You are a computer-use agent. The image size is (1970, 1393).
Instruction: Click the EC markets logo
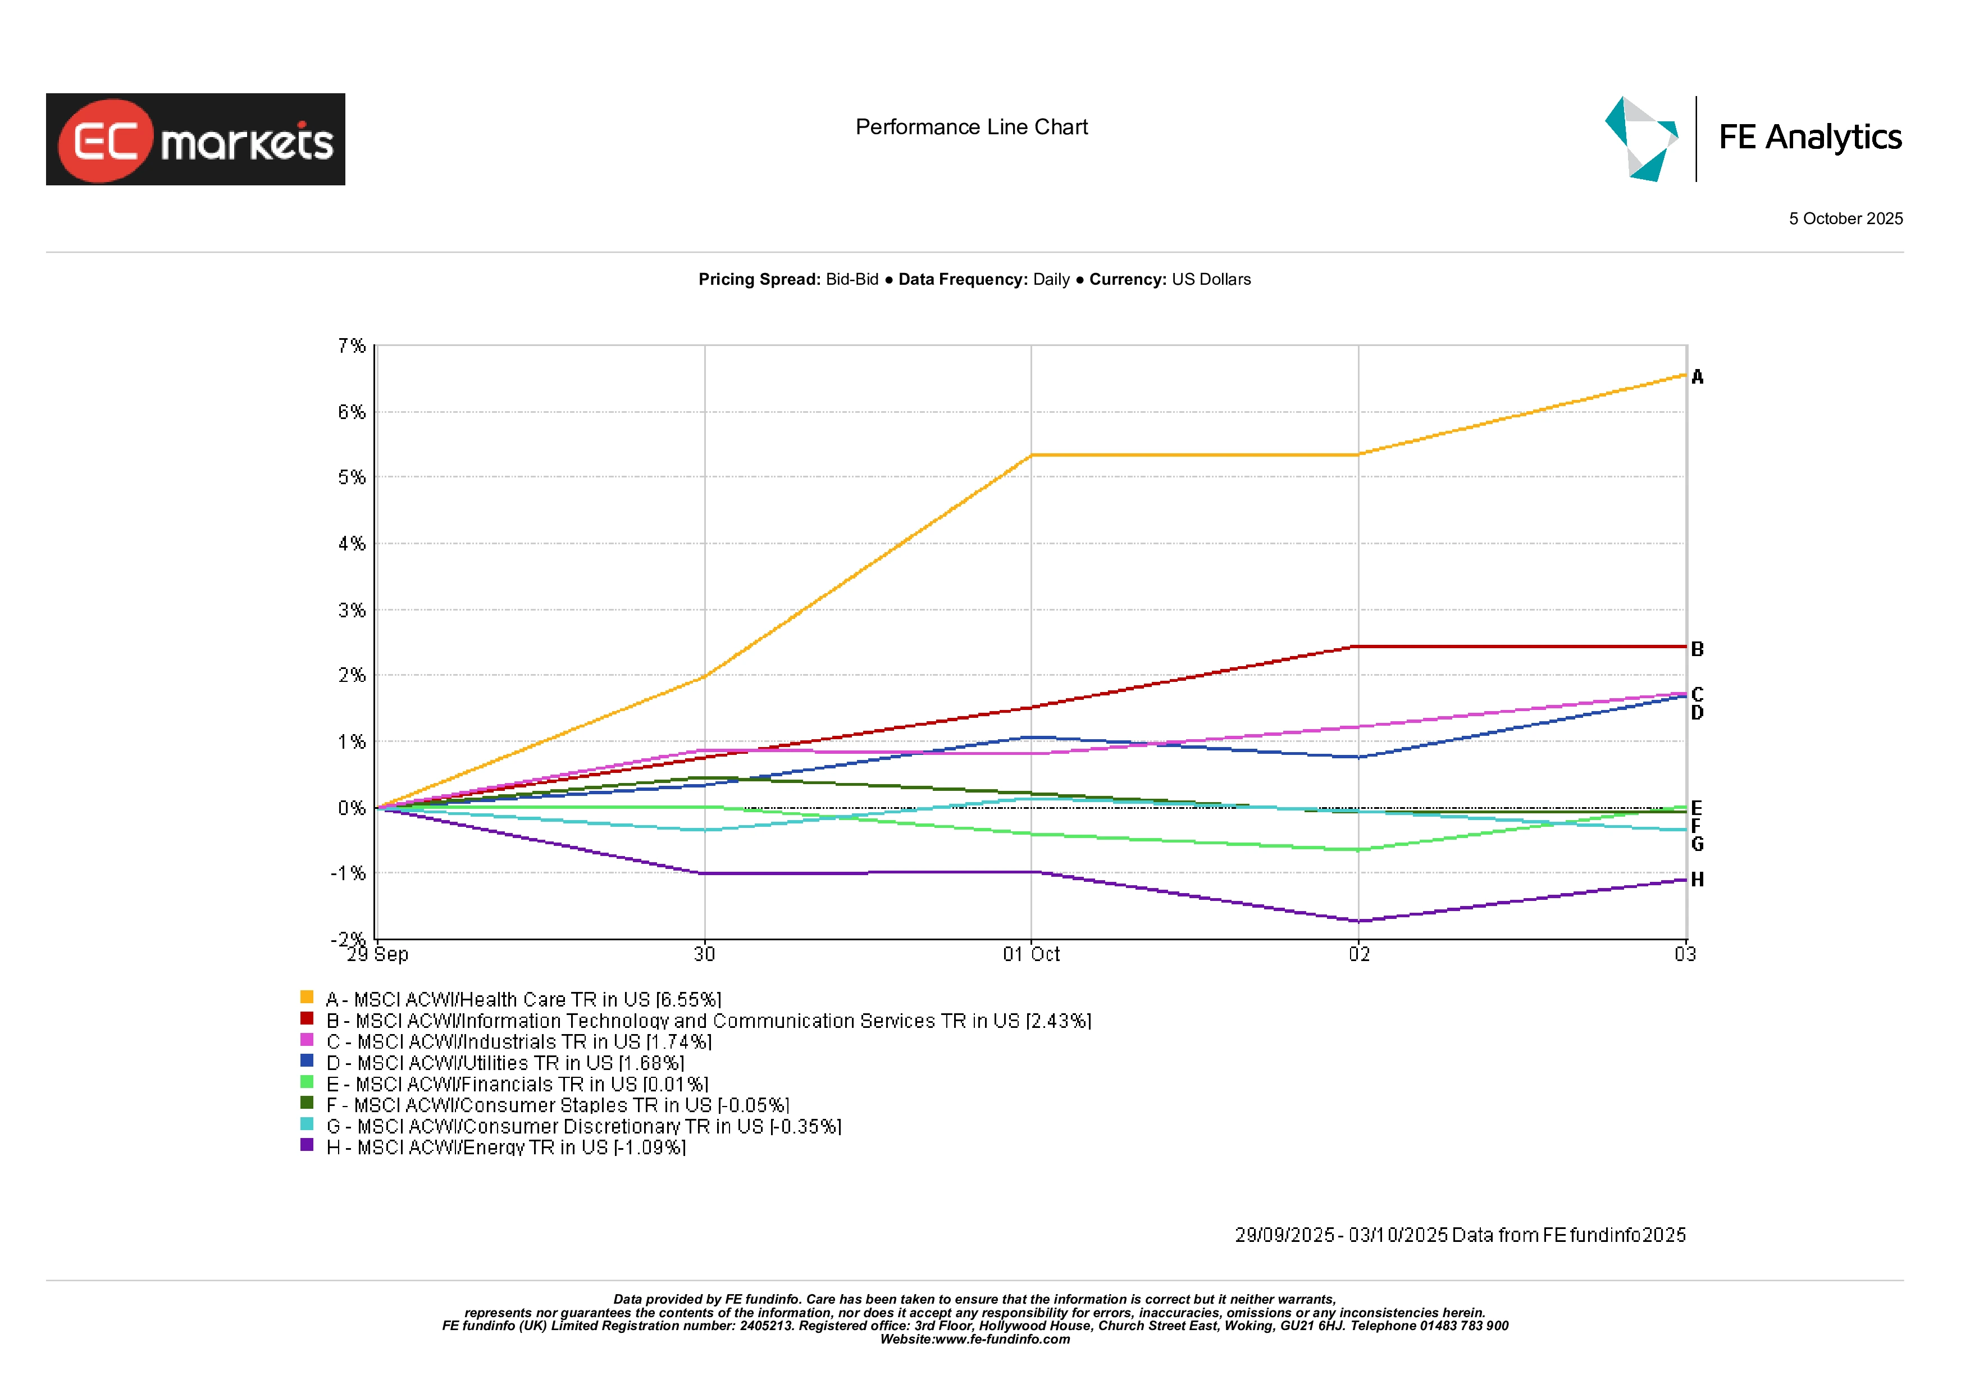click(195, 140)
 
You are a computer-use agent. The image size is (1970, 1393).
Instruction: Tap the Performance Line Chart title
click(972, 127)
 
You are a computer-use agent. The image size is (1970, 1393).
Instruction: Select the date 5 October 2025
click(1845, 219)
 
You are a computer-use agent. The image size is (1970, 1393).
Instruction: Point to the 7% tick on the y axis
click(351, 346)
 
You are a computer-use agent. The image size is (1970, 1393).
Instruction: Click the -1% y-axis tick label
click(348, 874)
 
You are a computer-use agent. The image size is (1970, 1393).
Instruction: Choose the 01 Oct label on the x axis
click(1032, 954)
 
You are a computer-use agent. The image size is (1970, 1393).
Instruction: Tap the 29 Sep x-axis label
click(377, 954)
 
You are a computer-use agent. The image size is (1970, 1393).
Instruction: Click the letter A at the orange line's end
click(1697, 377)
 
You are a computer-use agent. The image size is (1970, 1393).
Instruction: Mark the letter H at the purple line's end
click(1697, 880)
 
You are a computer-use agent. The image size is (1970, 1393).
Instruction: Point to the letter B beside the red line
click(1697, 650)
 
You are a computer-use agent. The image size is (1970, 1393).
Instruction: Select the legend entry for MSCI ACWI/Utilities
click(505, 1063)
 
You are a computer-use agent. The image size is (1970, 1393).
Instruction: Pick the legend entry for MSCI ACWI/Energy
click(506, 1148)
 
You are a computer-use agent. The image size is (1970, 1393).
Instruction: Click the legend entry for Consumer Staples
click(558, 1105)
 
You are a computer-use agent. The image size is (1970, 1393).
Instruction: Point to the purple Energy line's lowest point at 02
click(1359, 921)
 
